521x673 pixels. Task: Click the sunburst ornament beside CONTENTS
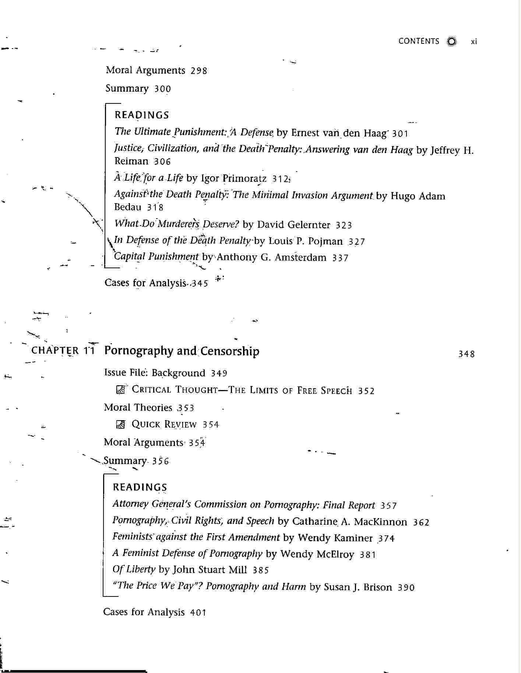[x=451, y=41]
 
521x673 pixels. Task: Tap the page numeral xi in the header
[x=474, y=42]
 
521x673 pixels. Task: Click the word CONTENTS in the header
[x=419, y=41]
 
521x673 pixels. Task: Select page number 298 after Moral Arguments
[x=199, y=71]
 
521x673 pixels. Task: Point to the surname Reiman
[x=131, y=161]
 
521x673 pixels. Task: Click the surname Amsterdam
[x=300, y=258]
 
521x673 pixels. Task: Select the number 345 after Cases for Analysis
[x=199, y=283]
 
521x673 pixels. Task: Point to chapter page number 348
[x=466, y=354]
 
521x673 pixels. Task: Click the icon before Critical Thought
[x=120, y=390]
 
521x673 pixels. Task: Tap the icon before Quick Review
[x=120, y=425]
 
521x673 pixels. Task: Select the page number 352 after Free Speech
[x=366, y=391]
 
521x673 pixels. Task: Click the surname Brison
[x=377, y=587]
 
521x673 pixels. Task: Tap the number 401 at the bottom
[x=198, y=613]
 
